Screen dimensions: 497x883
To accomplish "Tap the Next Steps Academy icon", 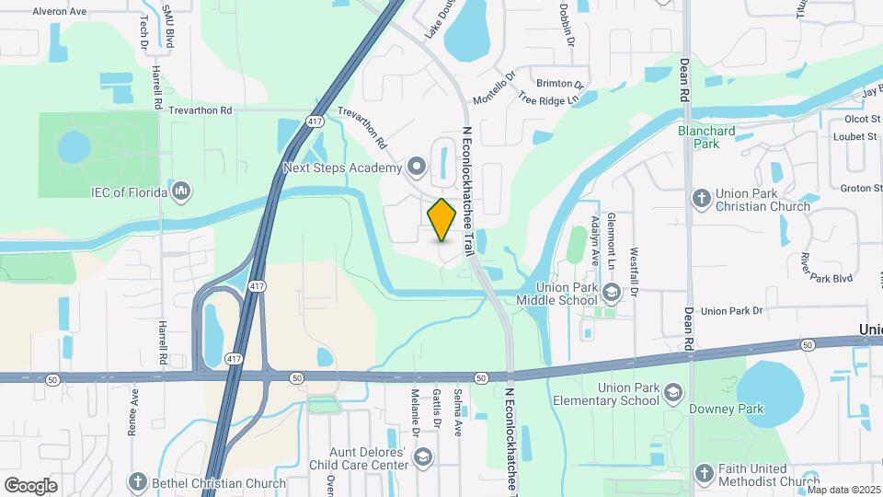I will coord(417,168).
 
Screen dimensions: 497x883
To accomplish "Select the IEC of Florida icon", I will coord(181,191).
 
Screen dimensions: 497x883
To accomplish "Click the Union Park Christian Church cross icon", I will coord(702,198).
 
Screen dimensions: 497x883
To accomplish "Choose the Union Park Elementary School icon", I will coord(673,393).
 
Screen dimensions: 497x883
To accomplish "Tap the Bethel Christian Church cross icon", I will coord(138,482).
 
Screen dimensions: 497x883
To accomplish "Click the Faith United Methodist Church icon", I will coord(704,473).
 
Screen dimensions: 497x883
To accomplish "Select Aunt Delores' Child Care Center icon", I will coord(422,457).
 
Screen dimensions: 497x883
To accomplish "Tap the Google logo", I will coord(30,485).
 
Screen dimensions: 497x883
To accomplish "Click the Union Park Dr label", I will coord(732,311).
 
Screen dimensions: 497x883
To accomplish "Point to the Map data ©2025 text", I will coord(843,490).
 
